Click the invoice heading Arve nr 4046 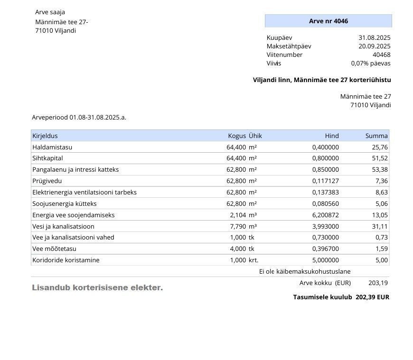click(329, 21)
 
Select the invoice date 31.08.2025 click(375, 37)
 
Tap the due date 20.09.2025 click(375, 46)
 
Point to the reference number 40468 click(381, 55)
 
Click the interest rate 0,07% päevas click(371, 63)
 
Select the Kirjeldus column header click(45, 136)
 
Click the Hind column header click(332, 136)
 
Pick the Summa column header click(376, 136)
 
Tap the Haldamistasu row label click(52, 147)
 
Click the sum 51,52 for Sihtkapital click(380, 158)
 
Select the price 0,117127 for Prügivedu click(326, 181)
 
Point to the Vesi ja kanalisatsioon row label click(63, 226)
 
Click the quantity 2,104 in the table click(237, 215)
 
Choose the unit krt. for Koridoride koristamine click(253, 260)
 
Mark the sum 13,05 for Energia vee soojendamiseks click(380, 215)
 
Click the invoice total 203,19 click(378, 283)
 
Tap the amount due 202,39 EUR click(372, 297)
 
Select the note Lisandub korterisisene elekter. click(97, 287)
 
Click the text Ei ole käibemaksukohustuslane click(305, 271)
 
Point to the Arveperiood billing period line click(79, 117)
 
